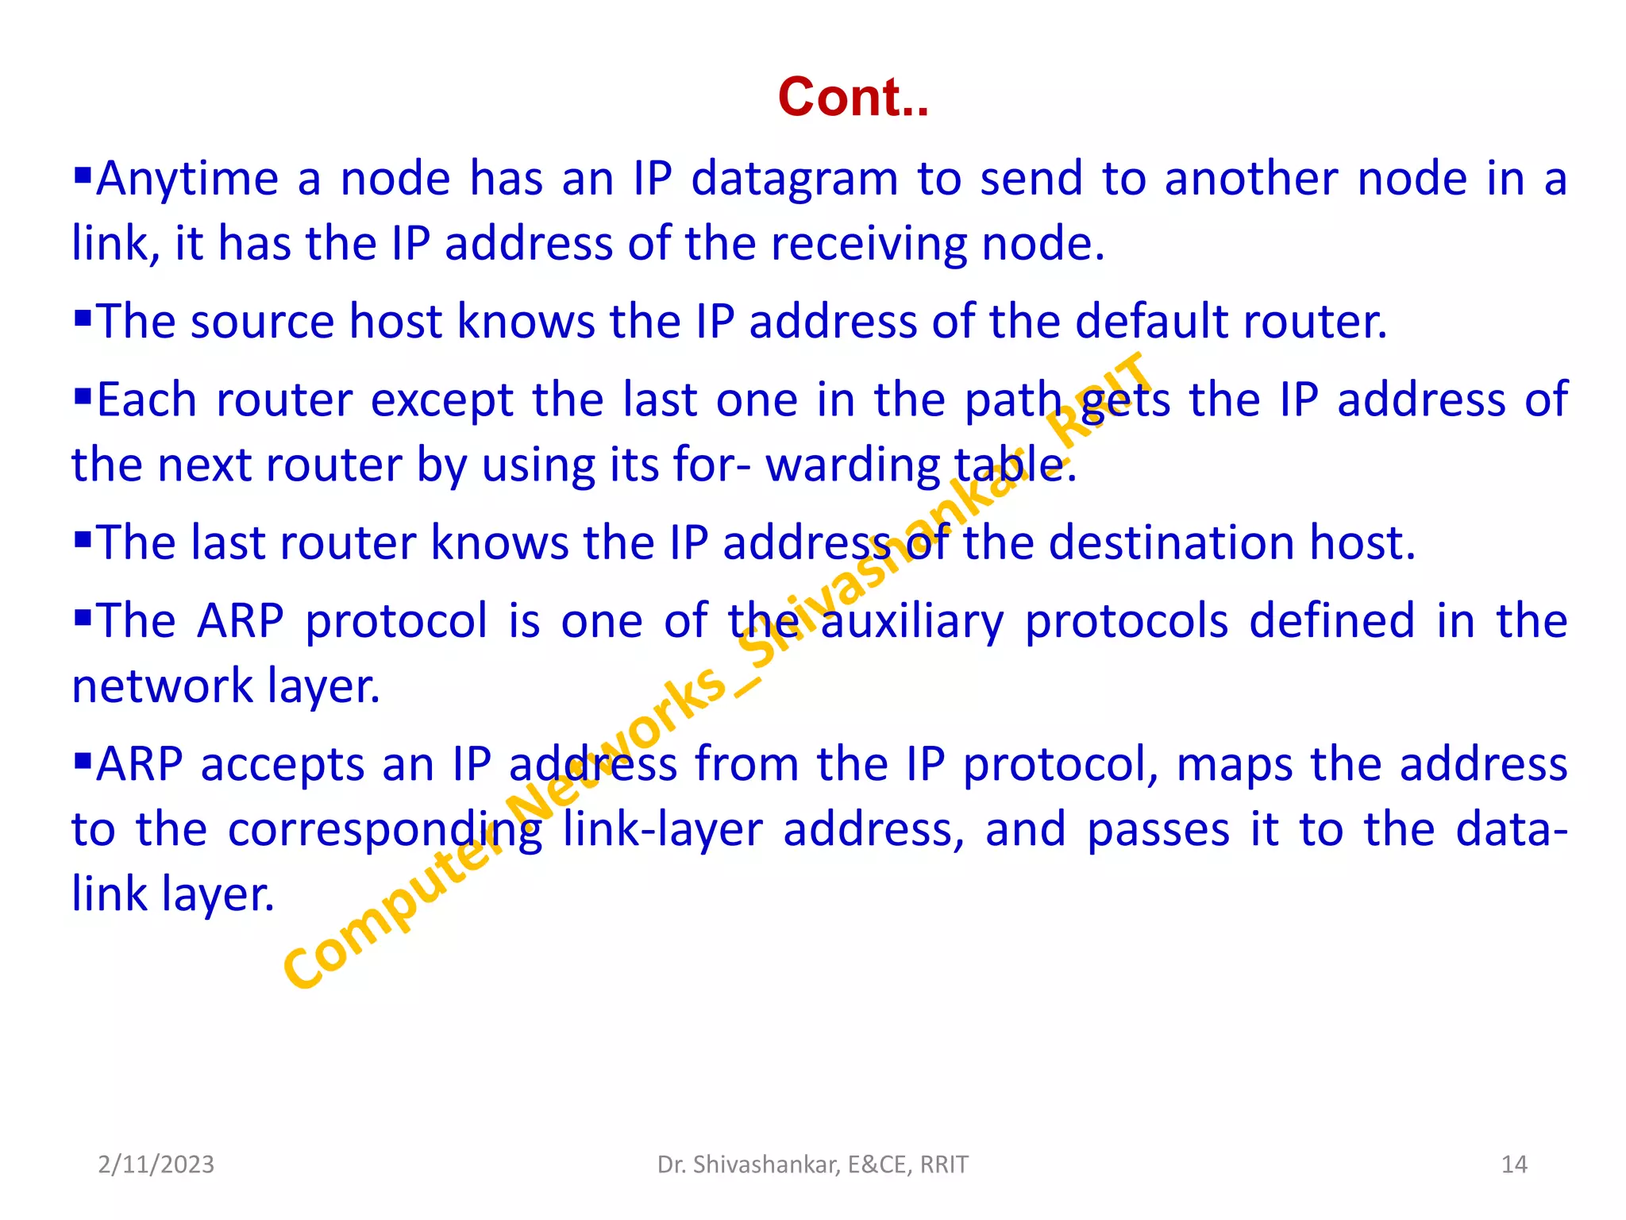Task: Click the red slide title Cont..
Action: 853,97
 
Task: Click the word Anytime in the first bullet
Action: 187,180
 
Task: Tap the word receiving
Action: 868,245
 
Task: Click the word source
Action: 262,322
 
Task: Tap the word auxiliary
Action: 911,623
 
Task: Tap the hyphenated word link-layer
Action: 662,831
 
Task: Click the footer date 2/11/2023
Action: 156,1164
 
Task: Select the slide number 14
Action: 1514,1164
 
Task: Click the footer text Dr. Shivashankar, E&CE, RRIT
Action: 812,1164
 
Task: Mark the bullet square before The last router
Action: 83,539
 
